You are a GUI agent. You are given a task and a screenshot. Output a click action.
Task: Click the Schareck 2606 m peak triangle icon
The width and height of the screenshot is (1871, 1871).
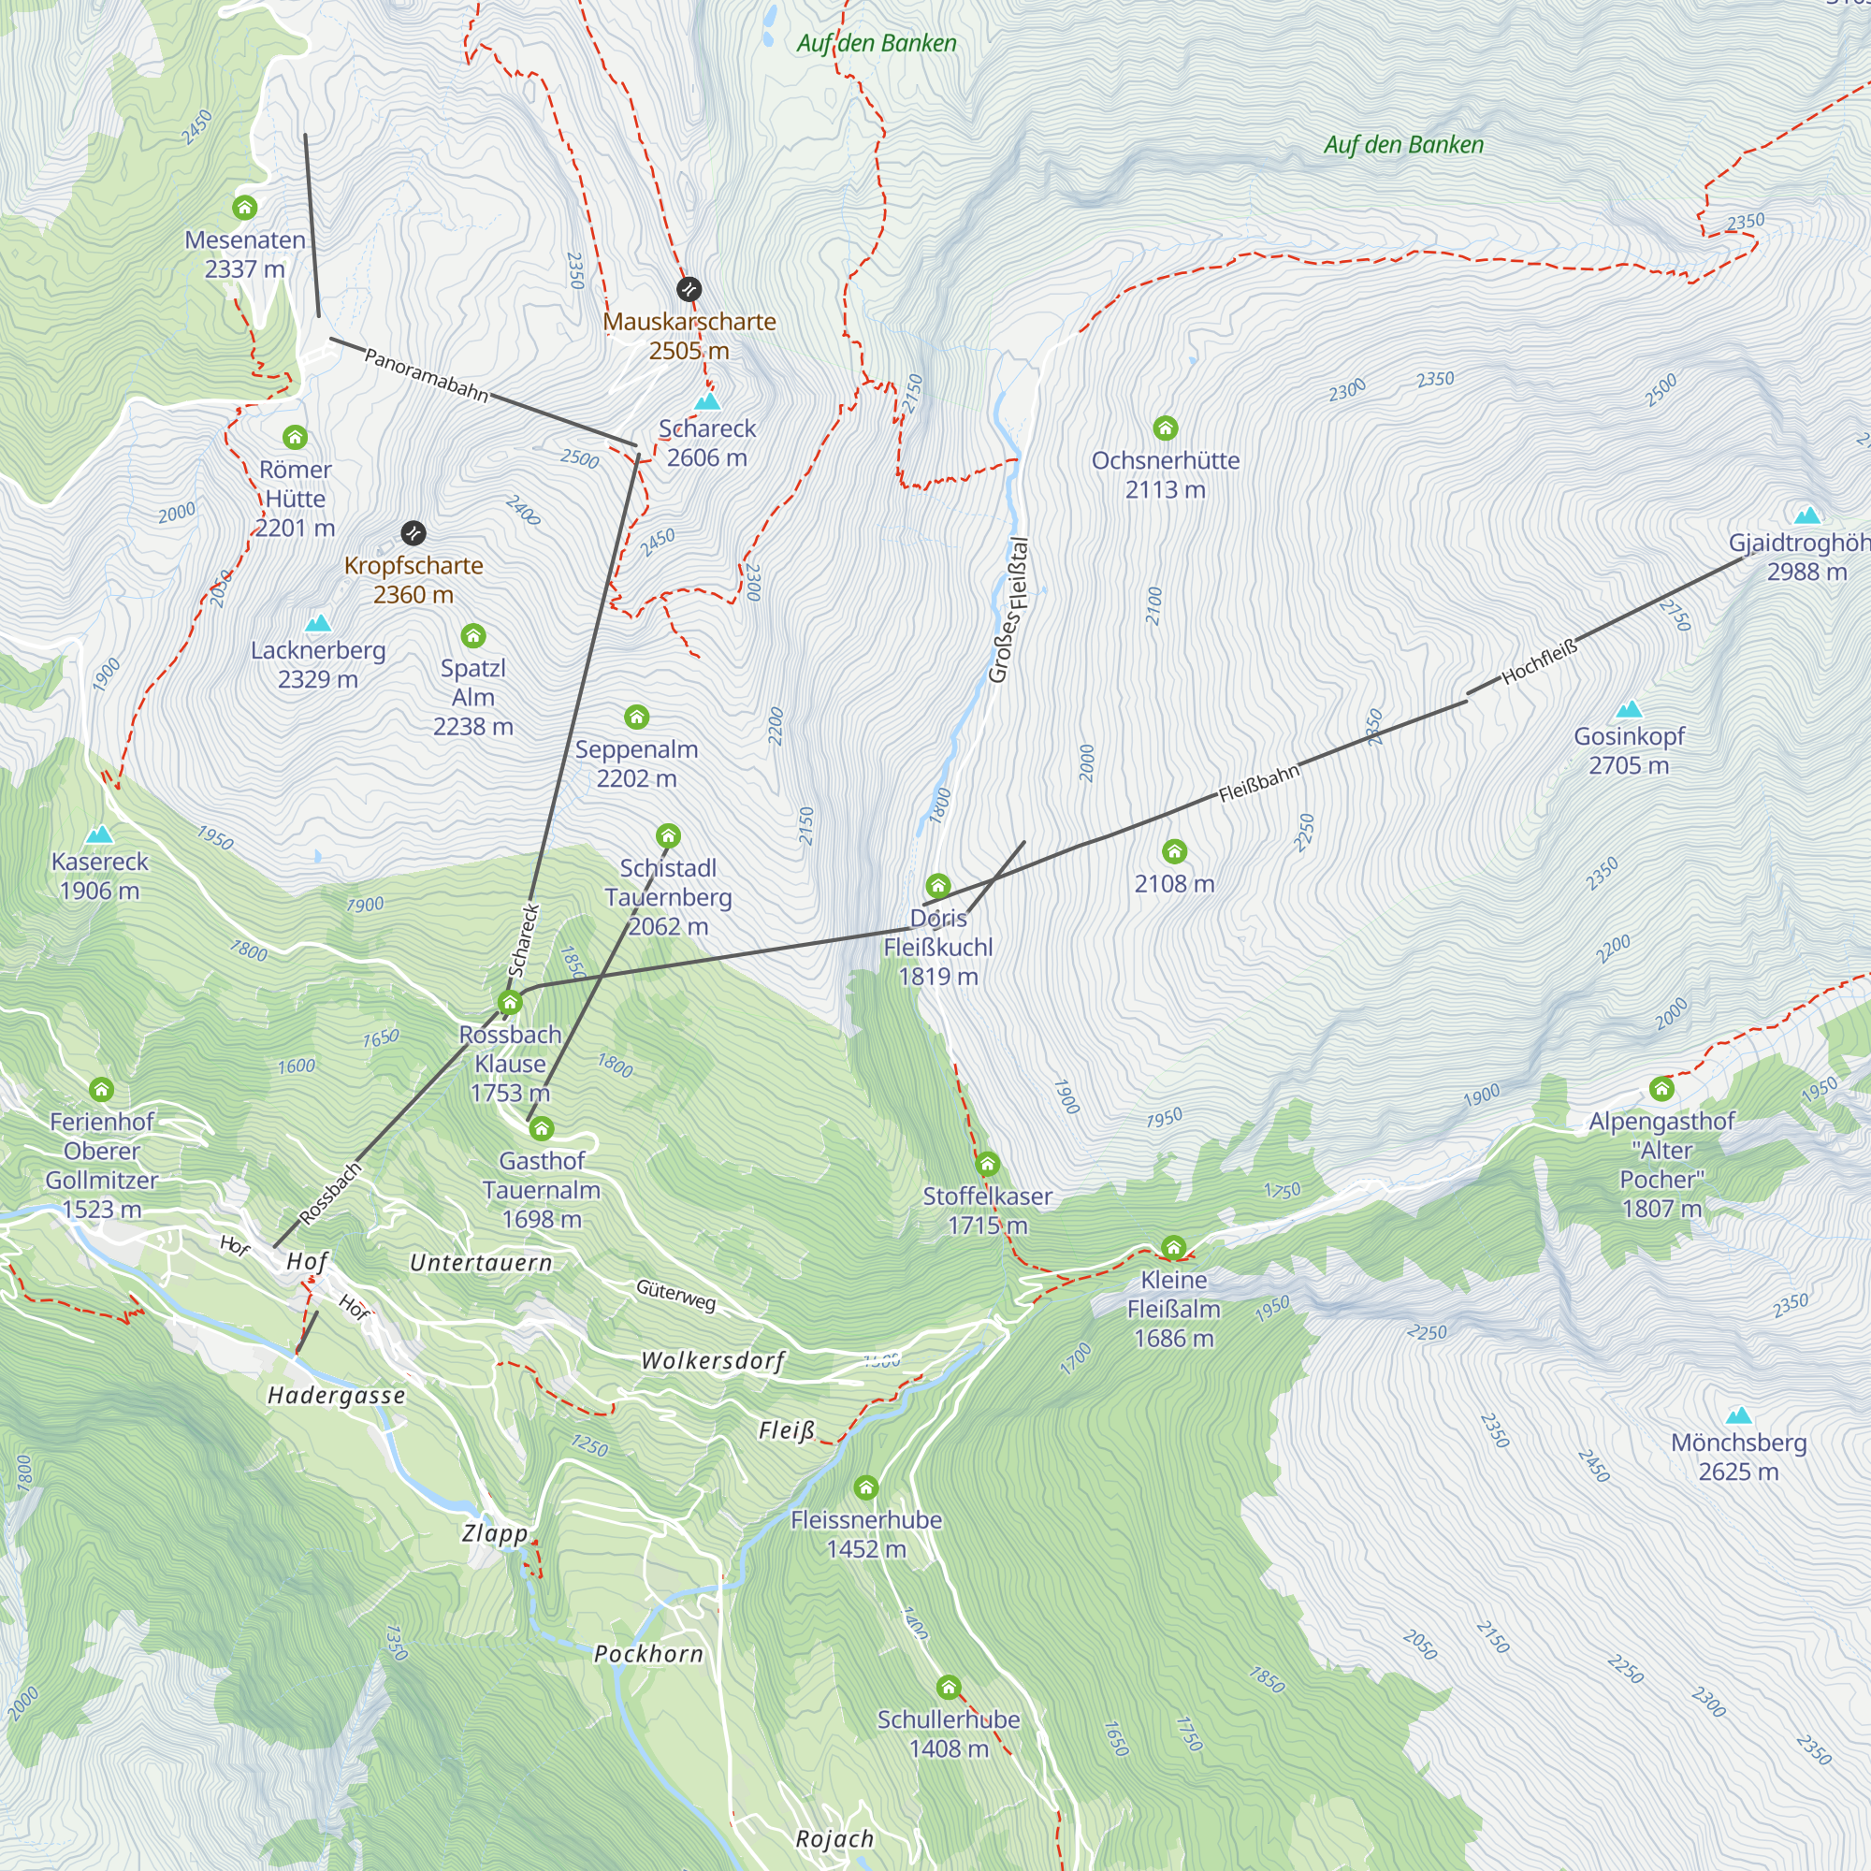708,401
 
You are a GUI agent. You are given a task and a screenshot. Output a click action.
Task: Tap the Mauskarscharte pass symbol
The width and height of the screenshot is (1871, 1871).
689,288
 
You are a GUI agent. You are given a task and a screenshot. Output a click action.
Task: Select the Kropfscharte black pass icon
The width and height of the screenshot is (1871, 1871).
413,532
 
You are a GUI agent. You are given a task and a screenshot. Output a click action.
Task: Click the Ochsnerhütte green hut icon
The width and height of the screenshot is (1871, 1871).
1165,428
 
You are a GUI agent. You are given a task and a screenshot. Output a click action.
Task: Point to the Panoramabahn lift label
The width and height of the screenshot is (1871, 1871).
426,375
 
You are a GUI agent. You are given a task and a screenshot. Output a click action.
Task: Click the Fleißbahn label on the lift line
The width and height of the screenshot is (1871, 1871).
1258,783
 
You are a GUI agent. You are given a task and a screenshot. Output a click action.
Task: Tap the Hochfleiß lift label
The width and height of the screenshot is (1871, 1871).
1540,661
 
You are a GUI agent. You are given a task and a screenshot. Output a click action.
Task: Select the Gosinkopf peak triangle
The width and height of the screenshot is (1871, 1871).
1629,709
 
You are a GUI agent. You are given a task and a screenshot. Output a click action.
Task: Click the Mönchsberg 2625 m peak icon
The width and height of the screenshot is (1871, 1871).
1739,1414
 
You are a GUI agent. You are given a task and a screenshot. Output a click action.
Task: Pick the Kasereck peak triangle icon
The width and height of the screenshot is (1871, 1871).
99,834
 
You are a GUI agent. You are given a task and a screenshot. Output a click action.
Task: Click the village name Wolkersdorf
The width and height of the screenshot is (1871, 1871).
713,1360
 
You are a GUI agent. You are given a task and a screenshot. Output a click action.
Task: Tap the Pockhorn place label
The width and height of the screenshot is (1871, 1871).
648,1653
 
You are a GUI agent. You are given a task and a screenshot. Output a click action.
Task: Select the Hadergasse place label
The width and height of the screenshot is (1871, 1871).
336,1396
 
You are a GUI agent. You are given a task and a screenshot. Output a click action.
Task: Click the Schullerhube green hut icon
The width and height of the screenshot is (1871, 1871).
948,1687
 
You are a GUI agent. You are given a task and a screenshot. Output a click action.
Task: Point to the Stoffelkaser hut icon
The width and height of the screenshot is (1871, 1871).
987,1163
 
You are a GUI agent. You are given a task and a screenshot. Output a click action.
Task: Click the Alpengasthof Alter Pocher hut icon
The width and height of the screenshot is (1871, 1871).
1661,1089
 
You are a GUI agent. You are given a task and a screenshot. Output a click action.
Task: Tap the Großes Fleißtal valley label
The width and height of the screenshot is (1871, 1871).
1009,610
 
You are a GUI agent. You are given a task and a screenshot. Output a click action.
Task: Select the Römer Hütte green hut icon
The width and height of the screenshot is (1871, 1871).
296,437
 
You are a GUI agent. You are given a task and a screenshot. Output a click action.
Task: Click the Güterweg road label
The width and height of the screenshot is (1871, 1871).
676,1294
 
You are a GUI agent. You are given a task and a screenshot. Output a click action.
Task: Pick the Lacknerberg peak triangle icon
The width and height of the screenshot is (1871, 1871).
318,623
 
